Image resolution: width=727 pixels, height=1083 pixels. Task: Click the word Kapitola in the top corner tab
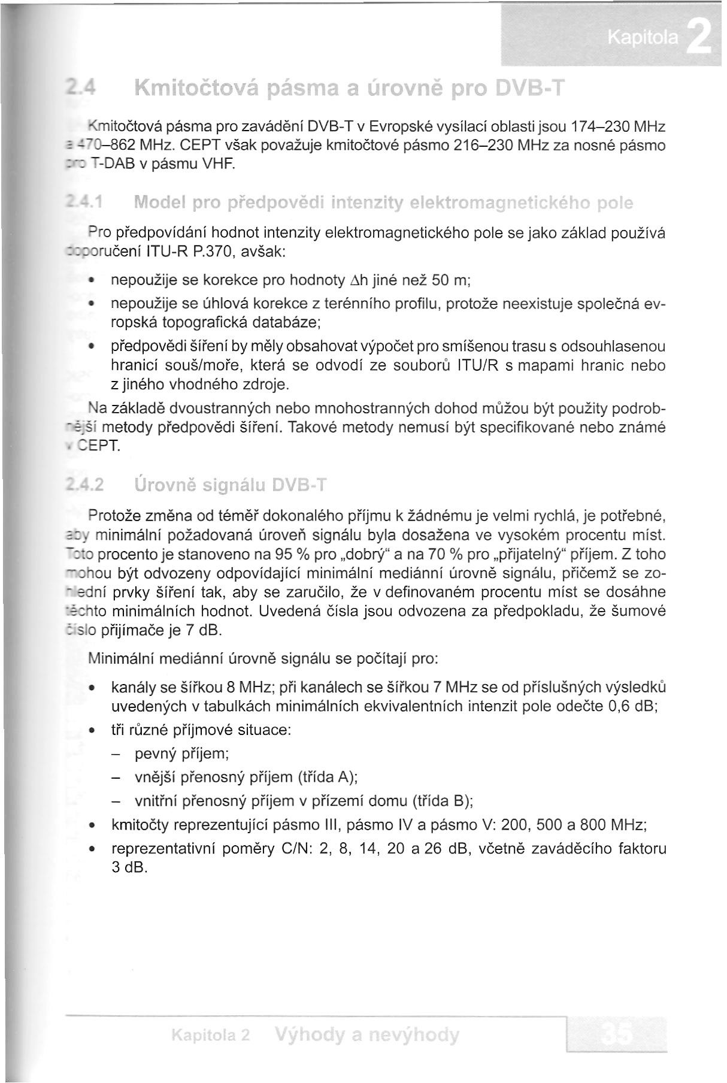(x=643, y=39)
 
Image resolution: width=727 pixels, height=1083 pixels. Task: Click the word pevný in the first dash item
(x=155, y=754)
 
